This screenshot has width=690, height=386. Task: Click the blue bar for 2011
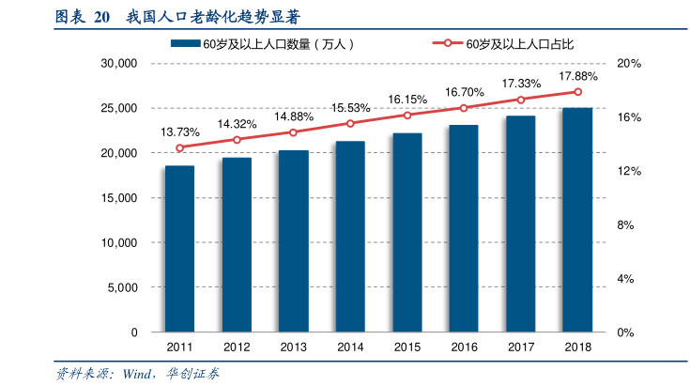point(179,249)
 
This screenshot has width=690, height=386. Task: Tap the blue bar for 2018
point(577,220)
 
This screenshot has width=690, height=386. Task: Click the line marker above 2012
point(237,140)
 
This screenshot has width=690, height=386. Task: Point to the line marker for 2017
point(521,100)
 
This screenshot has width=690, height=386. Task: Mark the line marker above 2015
point(407,116)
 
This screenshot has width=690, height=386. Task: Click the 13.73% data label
point(179,132)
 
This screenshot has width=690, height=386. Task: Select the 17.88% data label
point(577,76)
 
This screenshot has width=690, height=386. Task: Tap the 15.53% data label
point(350,108)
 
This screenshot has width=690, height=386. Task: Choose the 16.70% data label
point(464,92)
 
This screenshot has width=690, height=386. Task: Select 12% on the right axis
point(629,171)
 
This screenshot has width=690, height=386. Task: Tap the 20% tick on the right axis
point(629,63)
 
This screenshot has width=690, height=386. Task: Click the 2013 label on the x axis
point(293,347)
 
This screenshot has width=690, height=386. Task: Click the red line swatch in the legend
point(448,44)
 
